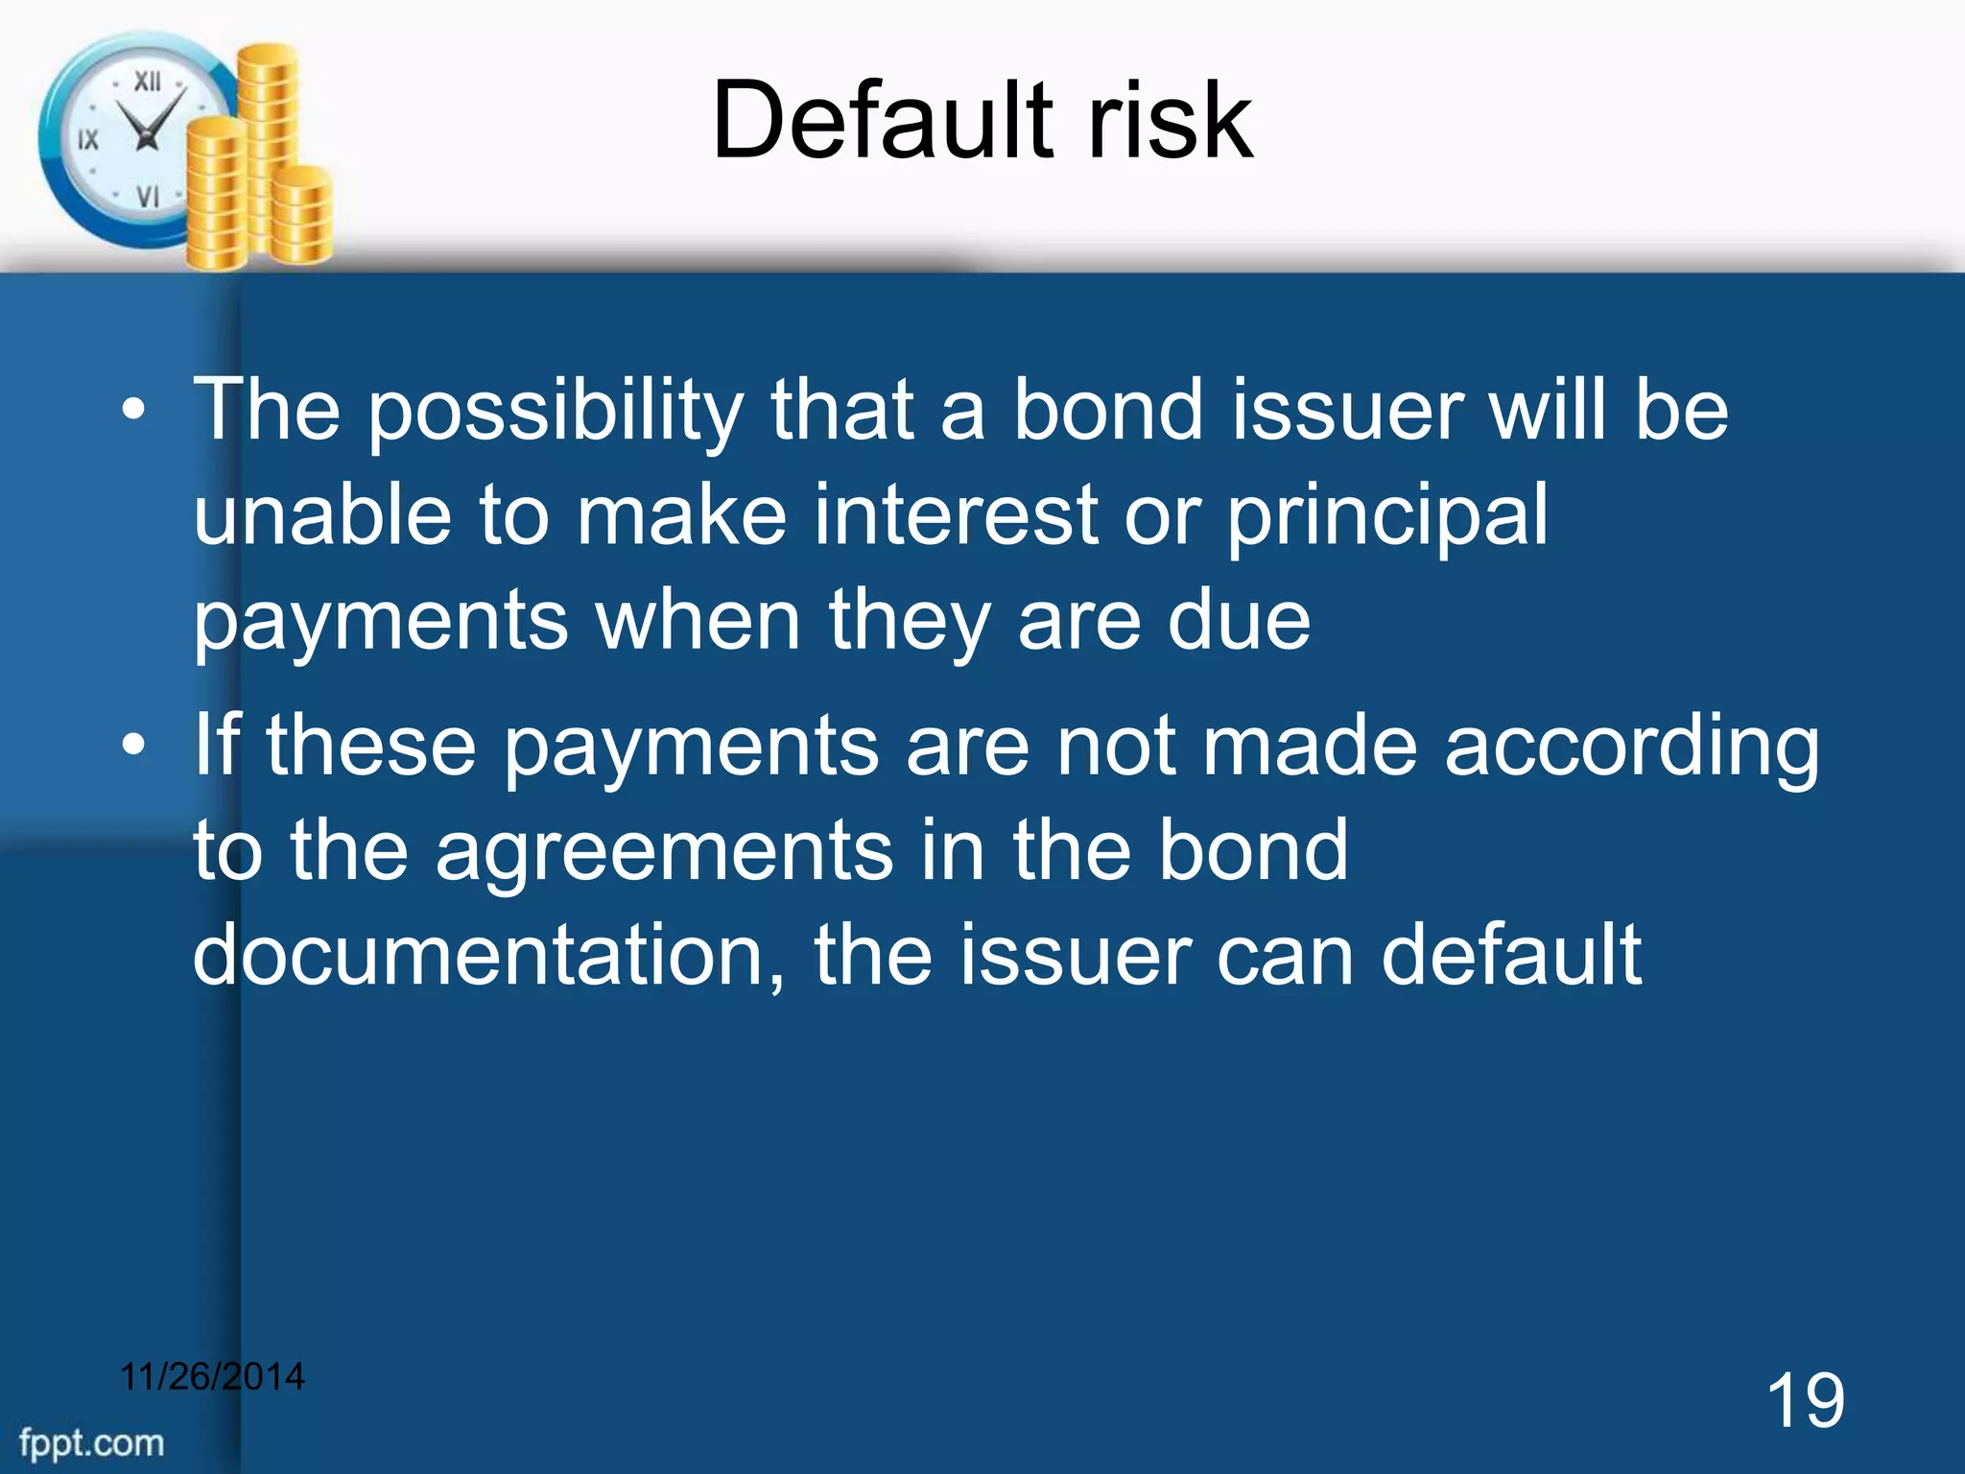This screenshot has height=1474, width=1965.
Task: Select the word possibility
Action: pyautogui.click(x=556, y=413)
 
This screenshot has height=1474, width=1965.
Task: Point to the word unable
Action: pyautogui.click(x=322, y=515)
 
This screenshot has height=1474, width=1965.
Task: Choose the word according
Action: pyautogui.click(x=1632, y=749)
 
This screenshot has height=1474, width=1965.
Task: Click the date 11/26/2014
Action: pyautogui.click(x=212, y=1376)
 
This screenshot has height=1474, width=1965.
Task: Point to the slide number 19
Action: pyautogui.click(x=1805, y=1401)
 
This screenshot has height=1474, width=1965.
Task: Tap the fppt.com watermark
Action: pyautogui.click(x=91, y=1443)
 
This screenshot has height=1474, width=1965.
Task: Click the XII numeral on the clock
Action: pyautogui.click(x=147, y=82)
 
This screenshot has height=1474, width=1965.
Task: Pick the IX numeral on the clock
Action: pyautogui.click(x=88, y=140)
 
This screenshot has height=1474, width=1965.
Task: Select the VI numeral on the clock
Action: pyautogui.click(x=147, y=197)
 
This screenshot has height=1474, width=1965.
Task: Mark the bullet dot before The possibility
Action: pyautogui.click(x=134, y=411)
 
